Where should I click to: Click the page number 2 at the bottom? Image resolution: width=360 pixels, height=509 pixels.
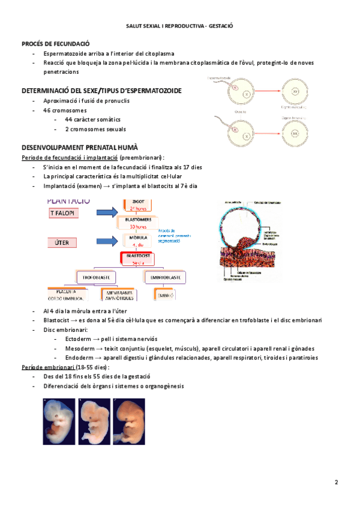(x=337, y=482)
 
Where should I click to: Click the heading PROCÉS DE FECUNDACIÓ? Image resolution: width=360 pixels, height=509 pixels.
(x=55, y=43)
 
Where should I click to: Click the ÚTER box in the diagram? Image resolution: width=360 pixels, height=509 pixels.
(x=63, y=242)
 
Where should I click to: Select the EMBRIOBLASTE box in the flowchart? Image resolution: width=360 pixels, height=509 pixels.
(x=165, y=277)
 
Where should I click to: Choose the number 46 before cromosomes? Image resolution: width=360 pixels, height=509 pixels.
(x=47, y=110)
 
